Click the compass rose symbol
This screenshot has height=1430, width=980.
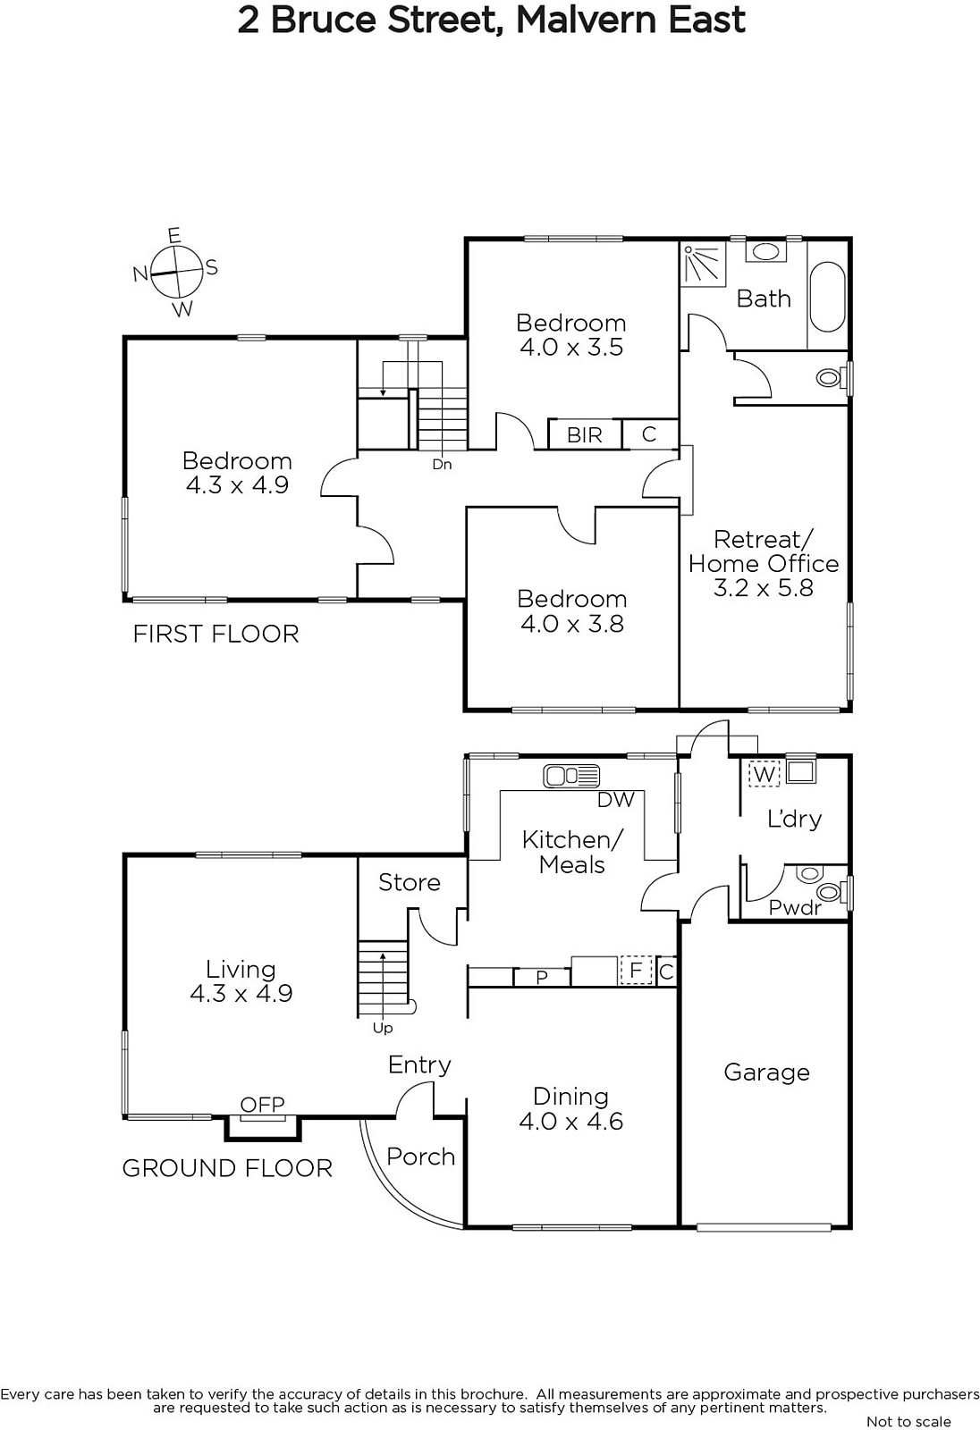[x=176, y=273]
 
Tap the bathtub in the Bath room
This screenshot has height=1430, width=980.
[x=827, y=297]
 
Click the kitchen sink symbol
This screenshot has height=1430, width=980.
[x=571, y=776]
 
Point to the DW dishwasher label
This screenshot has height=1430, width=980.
[x=616, y=799]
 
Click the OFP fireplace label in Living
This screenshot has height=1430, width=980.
[x=263, y=1104]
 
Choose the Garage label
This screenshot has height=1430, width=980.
[x=766, y=1072]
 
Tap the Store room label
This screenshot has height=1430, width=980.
[x=410, y=882]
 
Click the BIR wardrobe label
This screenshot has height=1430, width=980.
[x=585, y=434]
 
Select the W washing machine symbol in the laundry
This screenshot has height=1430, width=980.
[x=764, y=774]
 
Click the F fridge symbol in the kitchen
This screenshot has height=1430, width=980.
[x=636, y=971]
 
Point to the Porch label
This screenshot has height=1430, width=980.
[x=421, y=1157]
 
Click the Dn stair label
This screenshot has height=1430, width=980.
[x=442, y=464]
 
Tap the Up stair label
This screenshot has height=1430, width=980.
[x=383, y=1029]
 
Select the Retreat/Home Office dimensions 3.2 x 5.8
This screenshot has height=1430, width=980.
[x=764, y=587]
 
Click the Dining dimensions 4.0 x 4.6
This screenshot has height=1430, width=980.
[x=571, y=1121]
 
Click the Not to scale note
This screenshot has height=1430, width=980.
[x=908, y=1421]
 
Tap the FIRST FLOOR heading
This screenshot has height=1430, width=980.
[x=215, y=634]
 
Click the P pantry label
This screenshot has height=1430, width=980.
[x=542, y=978]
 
